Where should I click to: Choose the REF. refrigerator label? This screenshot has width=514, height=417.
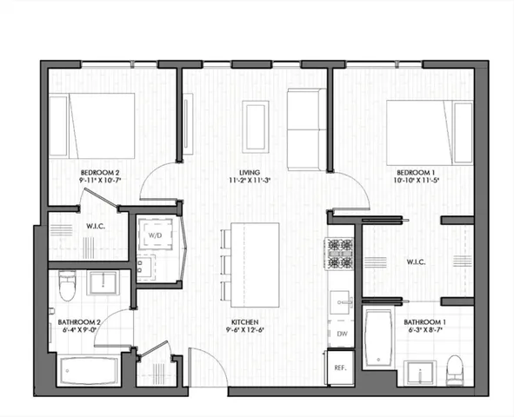(x=340, y=368)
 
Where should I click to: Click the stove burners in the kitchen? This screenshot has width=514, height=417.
(x=339, y=253)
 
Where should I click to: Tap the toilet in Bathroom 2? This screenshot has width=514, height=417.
(x=66, y=284)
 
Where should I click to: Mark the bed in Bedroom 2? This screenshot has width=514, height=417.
(x=92, y=125)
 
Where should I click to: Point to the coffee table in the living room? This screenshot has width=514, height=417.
(x=255, y=127)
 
